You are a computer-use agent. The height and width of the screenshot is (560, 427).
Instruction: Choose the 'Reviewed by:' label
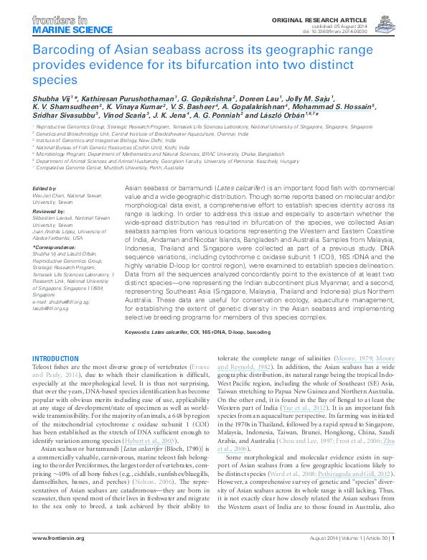(48, 212)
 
